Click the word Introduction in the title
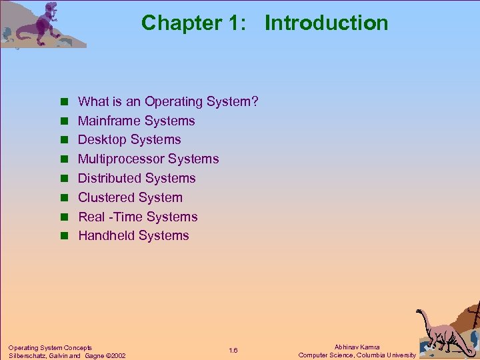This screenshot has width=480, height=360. [x=326, y=23]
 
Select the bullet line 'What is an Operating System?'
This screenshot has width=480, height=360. [x=168, y=102]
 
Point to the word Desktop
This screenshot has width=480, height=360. [x=102, y=140]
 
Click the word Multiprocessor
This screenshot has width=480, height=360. [x=121, y=159]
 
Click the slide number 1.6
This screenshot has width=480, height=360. [x=233, y=351]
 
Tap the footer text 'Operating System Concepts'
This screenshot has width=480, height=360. [x=50, y=347]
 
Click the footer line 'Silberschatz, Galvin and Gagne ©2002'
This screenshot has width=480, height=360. [x=67, y=355]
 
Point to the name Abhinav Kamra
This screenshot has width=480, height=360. [x=357, y=347]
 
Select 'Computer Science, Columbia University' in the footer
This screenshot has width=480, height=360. [x=357, y=355]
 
